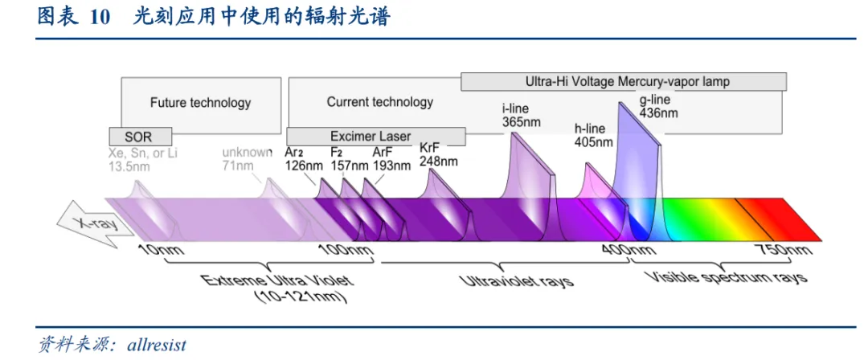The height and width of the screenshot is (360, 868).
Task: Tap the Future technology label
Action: click(x=200, y=103)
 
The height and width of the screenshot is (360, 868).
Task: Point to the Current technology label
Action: click(x=379, y=102)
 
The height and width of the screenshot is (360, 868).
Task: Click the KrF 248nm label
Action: click(x=439, y=154)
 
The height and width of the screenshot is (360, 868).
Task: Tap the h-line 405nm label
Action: click(x=593, y=135)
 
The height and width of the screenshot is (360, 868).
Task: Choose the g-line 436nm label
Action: click(x=658, y=106)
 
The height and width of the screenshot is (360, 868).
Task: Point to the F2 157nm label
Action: click(x=350, y=159)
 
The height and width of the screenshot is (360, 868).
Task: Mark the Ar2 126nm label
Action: click(x=305, y=159)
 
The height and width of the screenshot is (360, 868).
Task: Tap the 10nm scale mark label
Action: click(x=161, y=251)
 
